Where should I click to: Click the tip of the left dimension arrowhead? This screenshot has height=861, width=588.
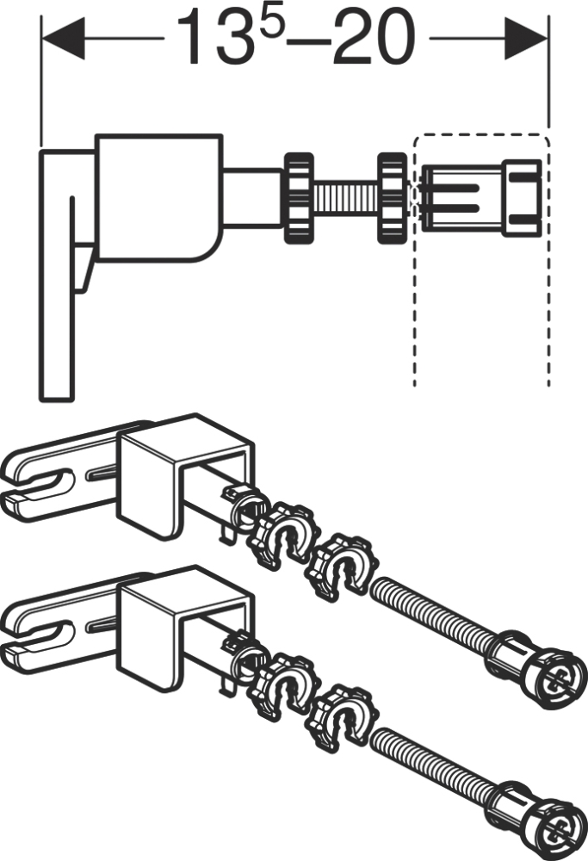[x=42, y=39]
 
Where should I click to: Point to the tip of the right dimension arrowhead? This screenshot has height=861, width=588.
[x=548, y=39]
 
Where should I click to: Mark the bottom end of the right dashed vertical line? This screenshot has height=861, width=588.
[x=548, y=386]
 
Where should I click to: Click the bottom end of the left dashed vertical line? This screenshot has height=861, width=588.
[x=415, y=386]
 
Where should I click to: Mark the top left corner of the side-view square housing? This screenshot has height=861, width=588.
[x=96, y=135]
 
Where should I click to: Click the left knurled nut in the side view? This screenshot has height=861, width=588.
[x=298, y=198]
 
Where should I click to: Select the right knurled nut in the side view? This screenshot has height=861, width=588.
[x=392, y=198]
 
